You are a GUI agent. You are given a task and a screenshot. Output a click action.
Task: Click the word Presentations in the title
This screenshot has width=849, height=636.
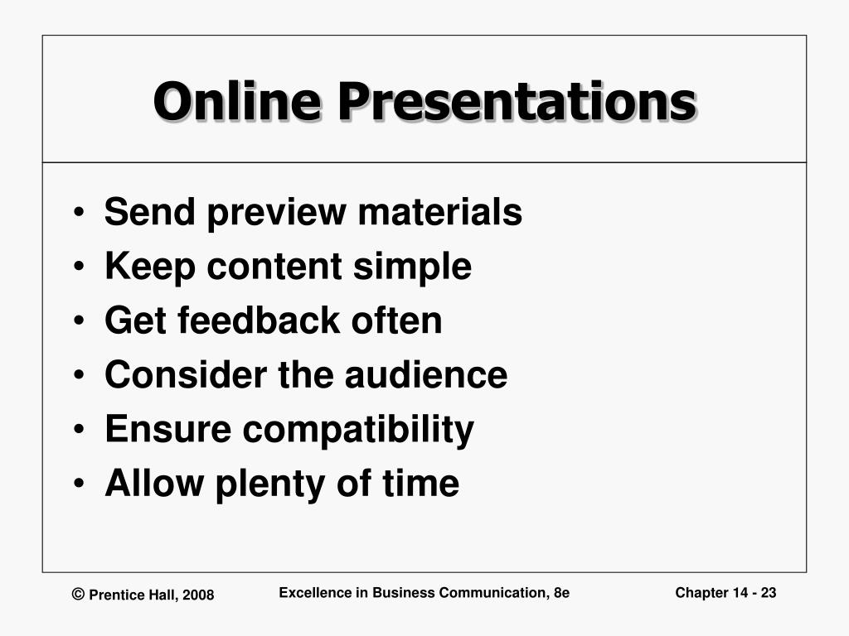point(515,102)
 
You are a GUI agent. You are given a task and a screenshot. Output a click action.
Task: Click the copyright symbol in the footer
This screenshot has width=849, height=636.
point(79,594)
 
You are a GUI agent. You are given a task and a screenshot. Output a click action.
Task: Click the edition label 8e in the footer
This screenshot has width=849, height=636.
point(560,592)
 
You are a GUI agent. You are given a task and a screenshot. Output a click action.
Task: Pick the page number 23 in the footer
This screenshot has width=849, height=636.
point(768,592)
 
